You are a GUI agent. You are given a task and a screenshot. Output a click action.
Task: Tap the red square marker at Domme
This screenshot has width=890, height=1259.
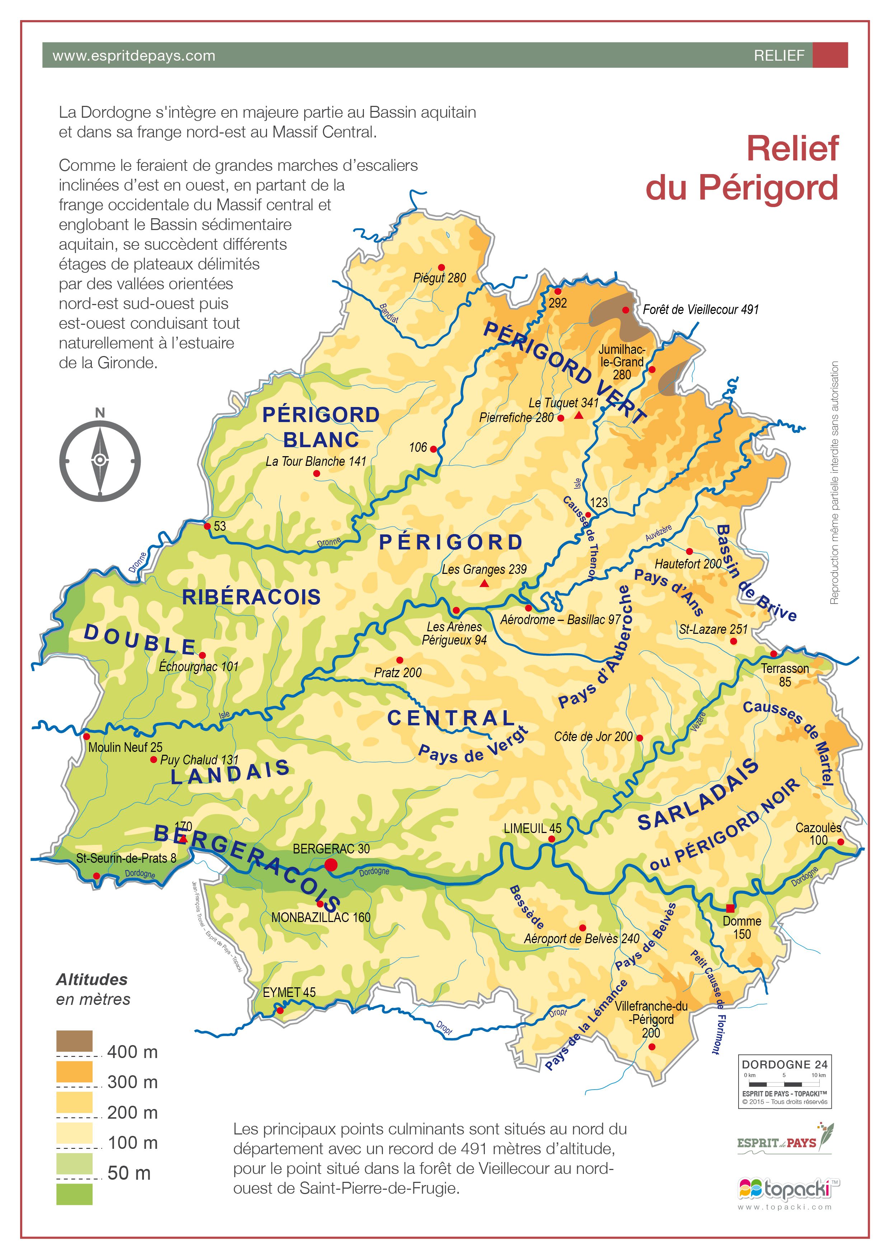coord(730,908)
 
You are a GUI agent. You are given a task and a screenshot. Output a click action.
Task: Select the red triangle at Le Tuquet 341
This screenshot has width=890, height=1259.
coord(578,416)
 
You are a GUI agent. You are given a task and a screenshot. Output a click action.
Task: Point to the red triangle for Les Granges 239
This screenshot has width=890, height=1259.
coord(484,584)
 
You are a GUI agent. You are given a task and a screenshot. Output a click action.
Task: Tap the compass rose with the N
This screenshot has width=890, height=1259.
coord(100,460)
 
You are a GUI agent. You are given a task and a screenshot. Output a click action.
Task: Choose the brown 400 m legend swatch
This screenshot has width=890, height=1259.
coord(75,1041)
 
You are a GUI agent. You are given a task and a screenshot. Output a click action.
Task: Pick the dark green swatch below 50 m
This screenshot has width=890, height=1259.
coord(75,1194)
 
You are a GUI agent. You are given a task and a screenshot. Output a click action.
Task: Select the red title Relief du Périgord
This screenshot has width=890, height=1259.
coord(742,168)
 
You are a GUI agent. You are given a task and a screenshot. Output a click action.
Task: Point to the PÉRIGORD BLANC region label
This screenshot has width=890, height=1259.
coord(321,427)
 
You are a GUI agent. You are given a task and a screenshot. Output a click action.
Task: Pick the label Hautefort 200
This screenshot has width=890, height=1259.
coord(688,564)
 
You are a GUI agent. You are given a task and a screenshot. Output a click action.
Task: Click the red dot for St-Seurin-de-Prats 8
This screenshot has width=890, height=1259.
coord(97,876)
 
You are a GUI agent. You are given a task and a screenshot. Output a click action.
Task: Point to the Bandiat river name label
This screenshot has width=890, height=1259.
coord(389,313)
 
